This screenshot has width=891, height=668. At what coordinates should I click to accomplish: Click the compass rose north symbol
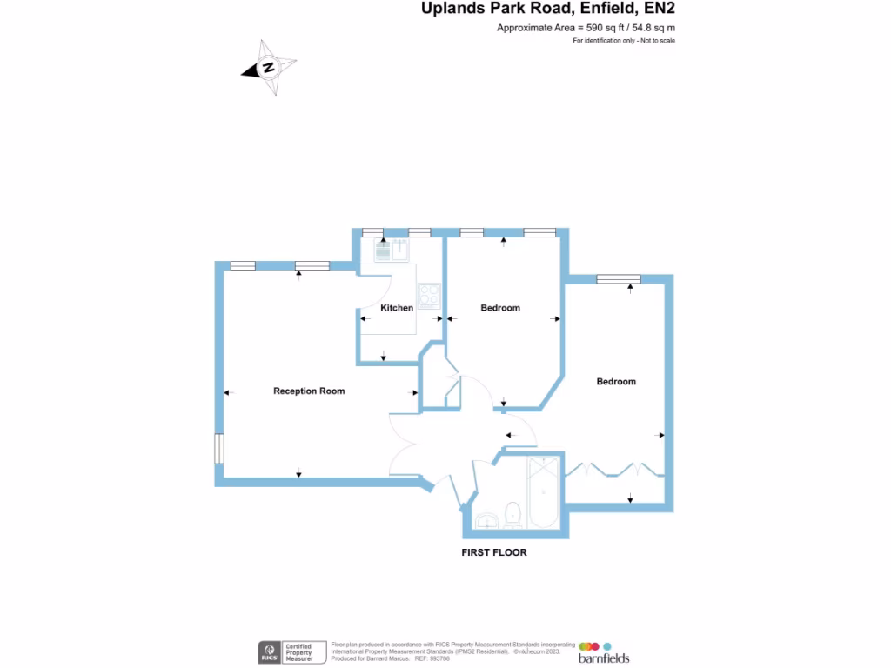point(270,67)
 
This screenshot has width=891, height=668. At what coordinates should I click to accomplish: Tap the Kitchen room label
point(397,308)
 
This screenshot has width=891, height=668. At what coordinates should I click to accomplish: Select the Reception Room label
point(309,391)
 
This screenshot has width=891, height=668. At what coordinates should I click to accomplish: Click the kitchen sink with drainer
point(392,250)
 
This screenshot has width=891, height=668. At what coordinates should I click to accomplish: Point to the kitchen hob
point(428,296)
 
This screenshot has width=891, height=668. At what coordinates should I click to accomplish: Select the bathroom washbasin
point(486,521)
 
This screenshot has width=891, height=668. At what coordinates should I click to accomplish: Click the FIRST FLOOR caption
point(494,552)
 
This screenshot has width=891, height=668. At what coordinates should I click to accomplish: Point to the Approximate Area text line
point(586,28)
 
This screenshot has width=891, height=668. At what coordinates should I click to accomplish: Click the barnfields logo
point(603,652)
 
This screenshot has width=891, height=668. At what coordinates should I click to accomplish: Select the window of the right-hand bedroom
point(618,279)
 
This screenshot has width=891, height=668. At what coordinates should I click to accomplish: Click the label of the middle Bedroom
point(500,308)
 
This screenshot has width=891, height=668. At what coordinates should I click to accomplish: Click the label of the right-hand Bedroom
point(616,382)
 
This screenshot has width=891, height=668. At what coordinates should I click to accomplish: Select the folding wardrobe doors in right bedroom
point(613,470)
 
